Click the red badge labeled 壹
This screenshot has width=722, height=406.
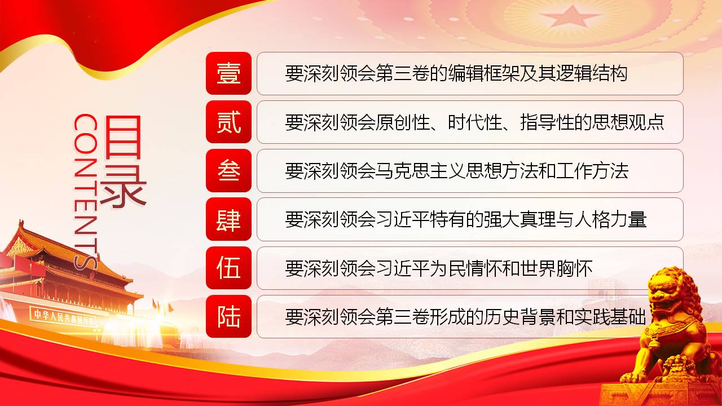point(228,73)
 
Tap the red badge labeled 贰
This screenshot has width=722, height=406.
point(228,122)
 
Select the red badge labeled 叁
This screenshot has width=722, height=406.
point(228,170)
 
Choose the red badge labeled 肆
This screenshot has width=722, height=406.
point(228,219)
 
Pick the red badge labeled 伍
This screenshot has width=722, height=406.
point(228,268)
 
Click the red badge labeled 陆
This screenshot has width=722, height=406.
point(228,316)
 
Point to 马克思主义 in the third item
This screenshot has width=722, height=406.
point(420,171)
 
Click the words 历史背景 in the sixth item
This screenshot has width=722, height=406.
point(520,317)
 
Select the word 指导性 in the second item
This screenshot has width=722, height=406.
point(547,122)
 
